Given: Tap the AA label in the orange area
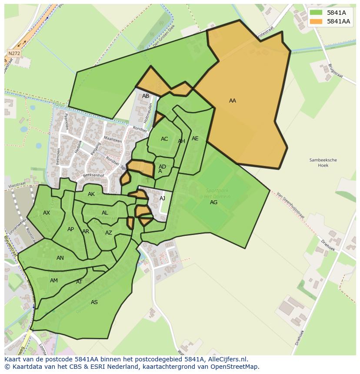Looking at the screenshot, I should tap(233, 101).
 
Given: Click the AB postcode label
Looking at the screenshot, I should tap(146, 96).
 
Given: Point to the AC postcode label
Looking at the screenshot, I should tap(164, 139).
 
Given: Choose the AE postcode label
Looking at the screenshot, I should tap(195, 139).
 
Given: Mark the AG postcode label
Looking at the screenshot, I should tap(213, 202).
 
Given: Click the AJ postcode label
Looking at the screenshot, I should tap(163, 199).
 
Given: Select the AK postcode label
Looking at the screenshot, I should tap(91, 194).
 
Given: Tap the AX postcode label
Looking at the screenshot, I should tap(47, 213).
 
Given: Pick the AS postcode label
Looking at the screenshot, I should tap(94, 302).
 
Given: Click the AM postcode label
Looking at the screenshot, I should tap(54, 281).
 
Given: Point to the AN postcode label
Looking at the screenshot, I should tap(60, 258).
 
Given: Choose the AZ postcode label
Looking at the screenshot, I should tap(109, 233).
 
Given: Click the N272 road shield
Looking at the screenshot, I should tap(14, 53).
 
